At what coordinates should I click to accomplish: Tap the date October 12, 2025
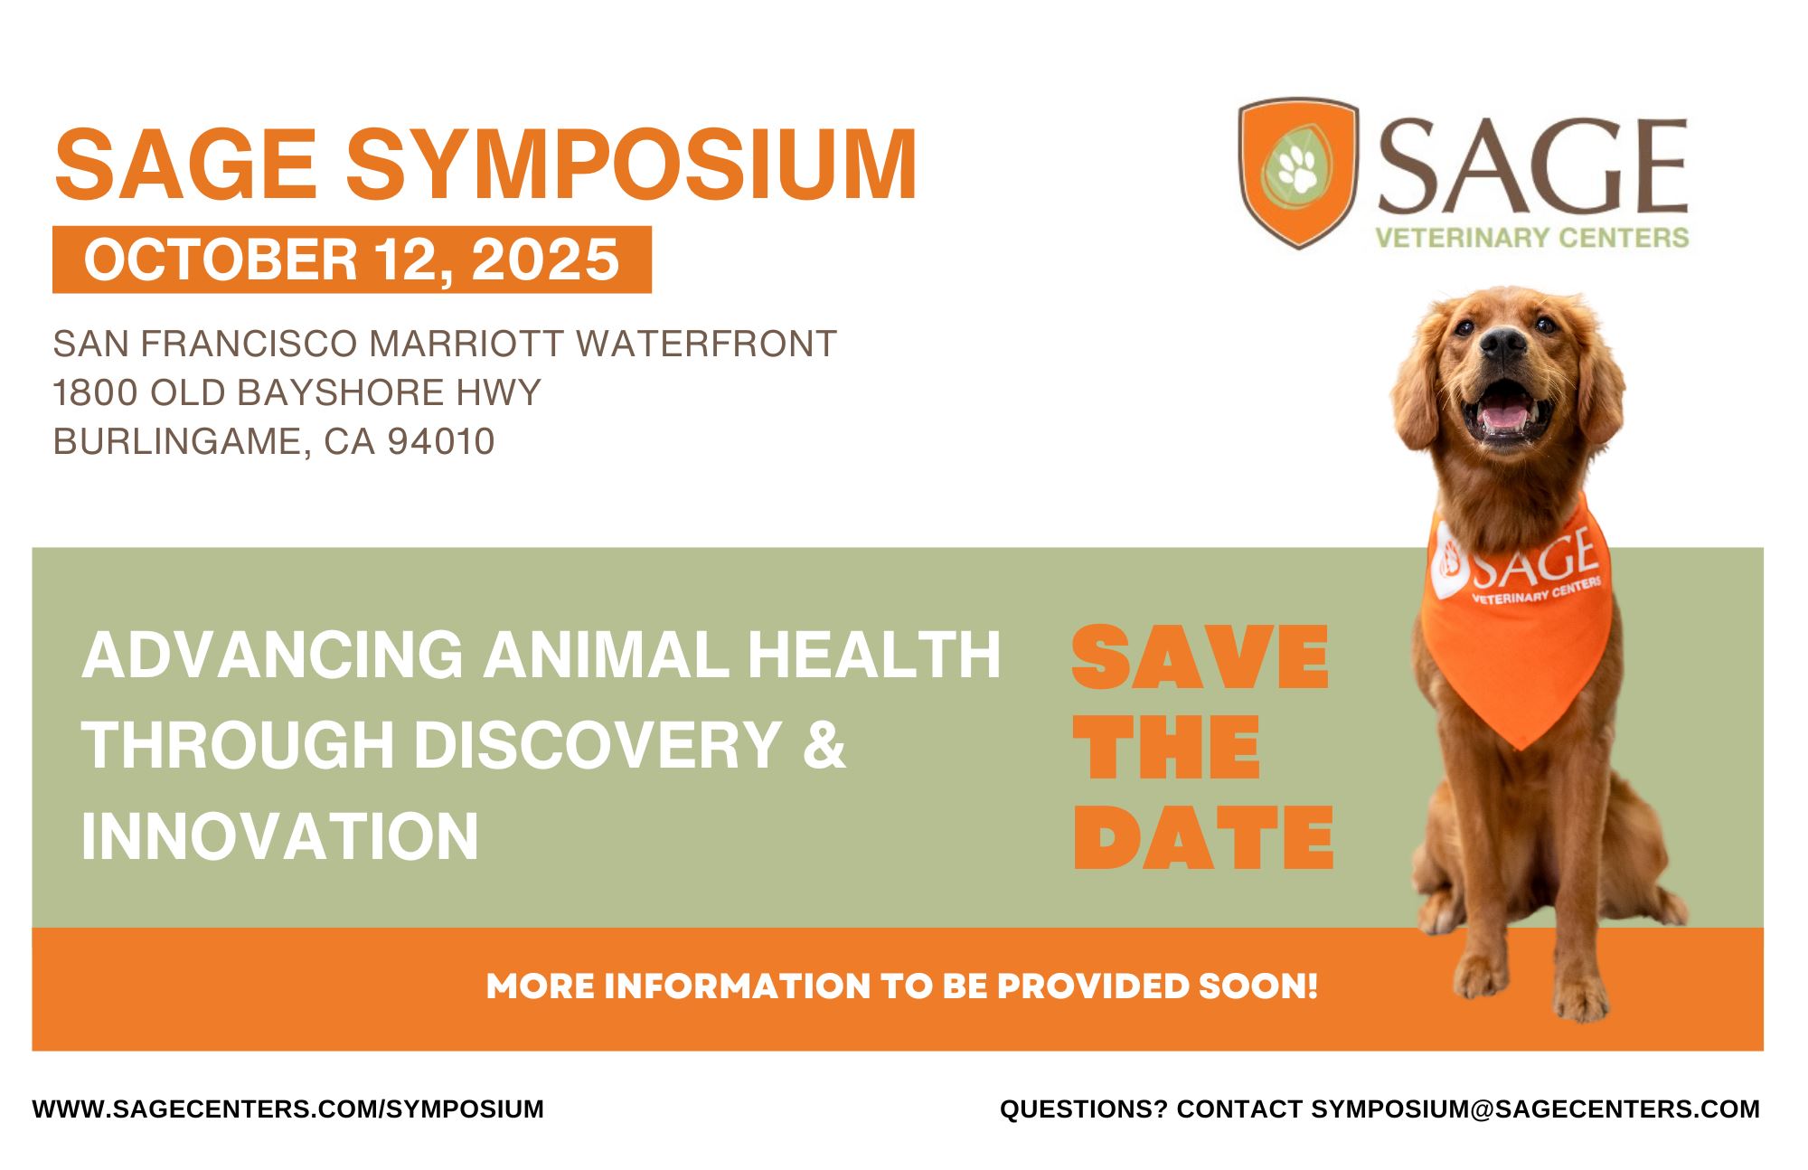coord(352,259)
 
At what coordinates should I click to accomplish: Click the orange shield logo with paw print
coord(1298,173)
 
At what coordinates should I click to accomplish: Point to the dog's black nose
coord(1504,343)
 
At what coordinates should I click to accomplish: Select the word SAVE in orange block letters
coord(1200,658)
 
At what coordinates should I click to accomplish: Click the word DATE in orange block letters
coord(1203,838)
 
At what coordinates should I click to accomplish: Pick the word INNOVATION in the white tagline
coord(280,835)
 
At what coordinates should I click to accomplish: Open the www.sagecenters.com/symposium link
coord(288,1109)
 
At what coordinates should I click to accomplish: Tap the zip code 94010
coord(442,441)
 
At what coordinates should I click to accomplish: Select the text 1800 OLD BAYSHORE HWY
coord(297,392)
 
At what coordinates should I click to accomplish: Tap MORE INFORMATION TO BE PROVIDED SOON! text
coord(901,986)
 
